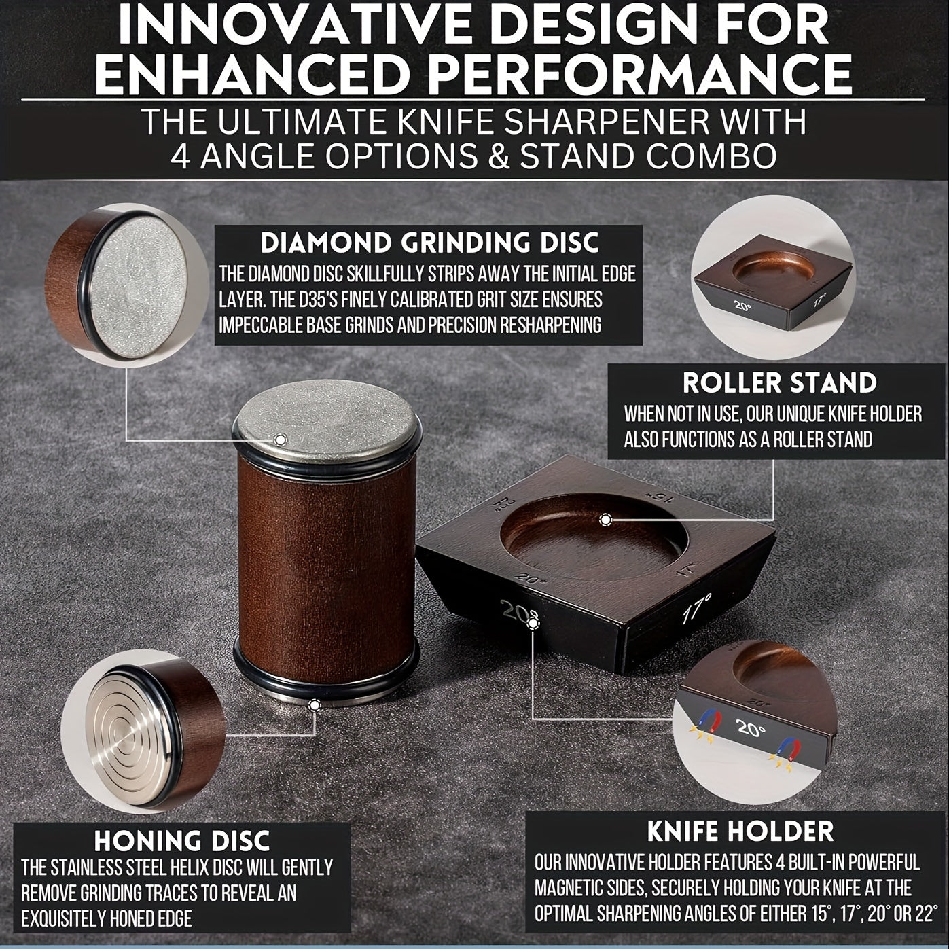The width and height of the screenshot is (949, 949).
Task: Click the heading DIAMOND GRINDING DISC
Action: point(429,243)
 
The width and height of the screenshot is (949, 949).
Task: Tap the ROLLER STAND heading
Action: point(780,382)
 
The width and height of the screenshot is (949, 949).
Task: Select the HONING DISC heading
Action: point(182,840)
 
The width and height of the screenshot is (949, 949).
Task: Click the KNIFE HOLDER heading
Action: point(740,831)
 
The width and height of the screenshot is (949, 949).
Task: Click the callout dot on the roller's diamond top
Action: point(281,439)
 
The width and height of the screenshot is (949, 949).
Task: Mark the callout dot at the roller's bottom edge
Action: point(314,704)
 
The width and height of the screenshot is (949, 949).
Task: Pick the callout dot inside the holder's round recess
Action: point(605,520)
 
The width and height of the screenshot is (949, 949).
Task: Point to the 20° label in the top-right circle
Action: point(742,305)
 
